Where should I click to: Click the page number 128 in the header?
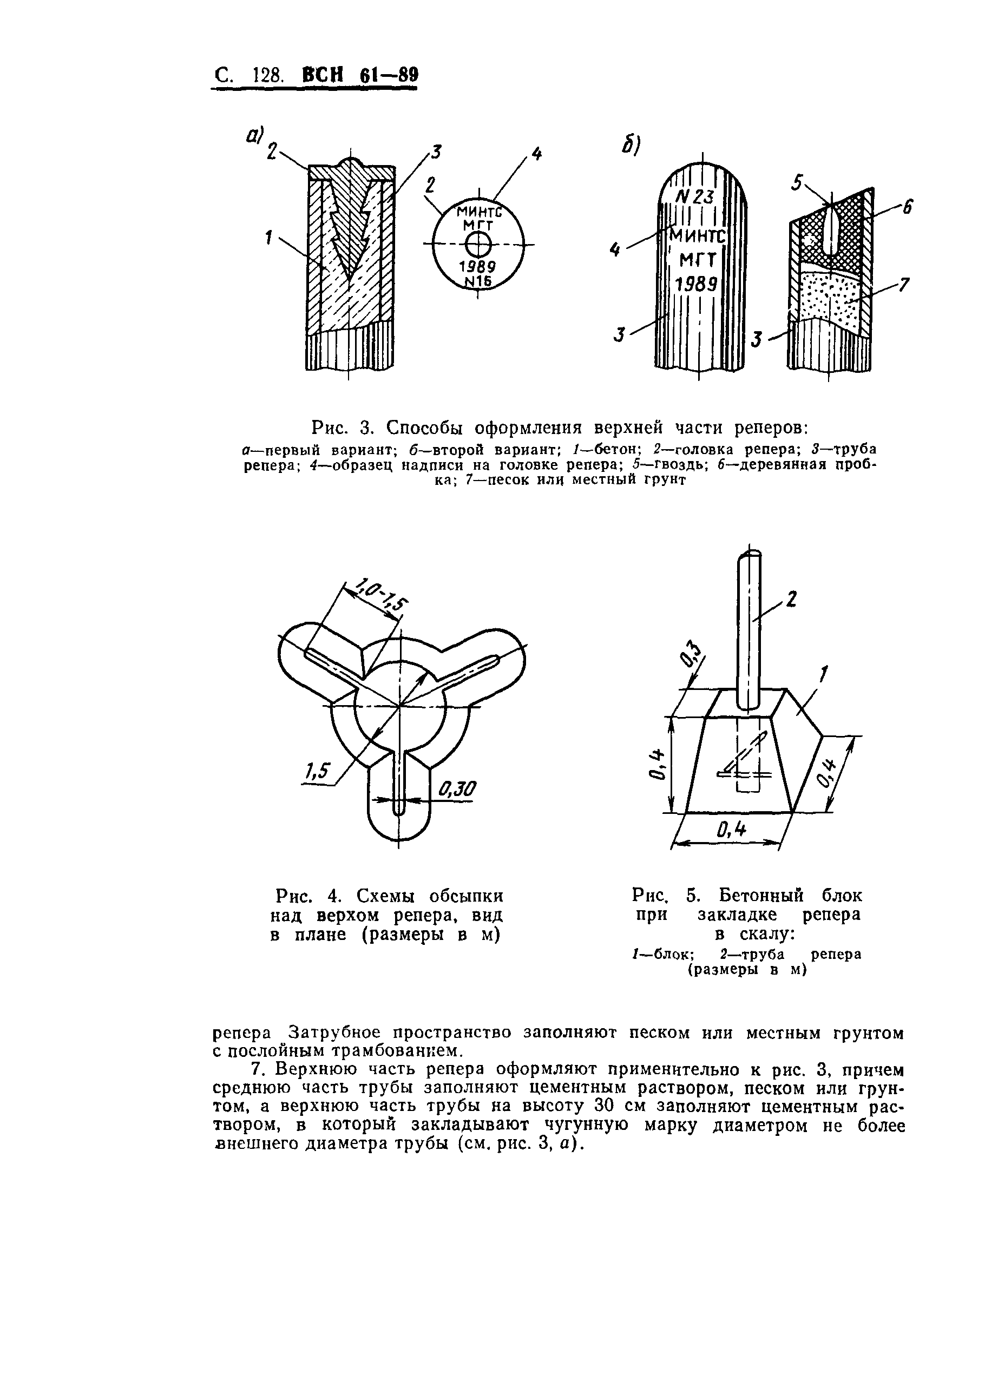pos(267,76)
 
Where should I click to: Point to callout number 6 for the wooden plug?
pos(907,208)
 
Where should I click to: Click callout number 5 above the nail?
pos(798,182)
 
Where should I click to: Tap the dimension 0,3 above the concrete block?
pos(691,654)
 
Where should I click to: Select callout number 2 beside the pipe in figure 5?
pos(791,599)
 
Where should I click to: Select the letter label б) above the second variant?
pos(631,145)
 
